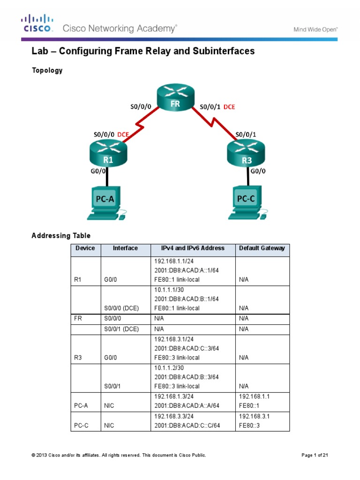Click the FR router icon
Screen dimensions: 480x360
click(x=176, y=97)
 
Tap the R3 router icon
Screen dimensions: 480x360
click(x=246, y=153)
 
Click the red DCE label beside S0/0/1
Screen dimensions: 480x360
click(x=229, y=107)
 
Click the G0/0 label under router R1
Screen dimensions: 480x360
click(x=99, y=171)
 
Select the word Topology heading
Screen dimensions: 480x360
click(x=47, y=71)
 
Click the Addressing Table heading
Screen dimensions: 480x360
click(x=61, y=235)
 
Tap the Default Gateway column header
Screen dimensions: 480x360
click(x=262, y=248)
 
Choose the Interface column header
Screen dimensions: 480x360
click(x=125, y=248)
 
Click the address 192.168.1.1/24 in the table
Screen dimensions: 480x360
click(x=172, y=261)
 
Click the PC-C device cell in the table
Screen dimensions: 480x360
click(x=82, y=426)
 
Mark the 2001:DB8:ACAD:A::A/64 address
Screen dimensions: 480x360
click(x=186, y=405)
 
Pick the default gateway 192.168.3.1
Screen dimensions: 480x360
click(x=254, y=416)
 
